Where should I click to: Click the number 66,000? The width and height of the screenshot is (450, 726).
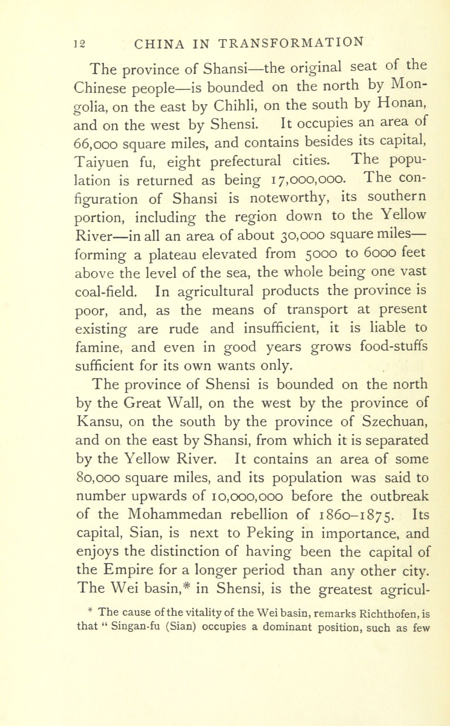[x=95, y=144]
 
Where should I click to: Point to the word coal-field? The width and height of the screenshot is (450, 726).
[x=106, y=291]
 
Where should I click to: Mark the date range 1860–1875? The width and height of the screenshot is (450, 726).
[x=356, y=515]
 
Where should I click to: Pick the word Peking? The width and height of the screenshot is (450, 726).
[x=270, y=533]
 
